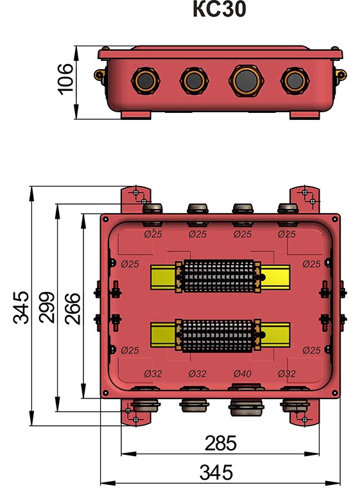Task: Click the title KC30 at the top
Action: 219,9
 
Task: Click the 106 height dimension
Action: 65,79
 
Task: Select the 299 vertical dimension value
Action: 47,307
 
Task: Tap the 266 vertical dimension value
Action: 73,309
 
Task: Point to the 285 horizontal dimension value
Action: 221,443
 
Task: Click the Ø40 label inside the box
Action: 243,373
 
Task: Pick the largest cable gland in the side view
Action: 246,81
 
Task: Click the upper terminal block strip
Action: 218,276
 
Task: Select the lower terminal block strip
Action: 218,335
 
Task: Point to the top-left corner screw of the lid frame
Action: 105,219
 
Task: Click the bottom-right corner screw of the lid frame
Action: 335,393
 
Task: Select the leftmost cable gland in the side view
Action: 146,81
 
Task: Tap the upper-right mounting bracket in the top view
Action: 305,199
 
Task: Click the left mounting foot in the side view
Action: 136,115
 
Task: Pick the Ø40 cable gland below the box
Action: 246,403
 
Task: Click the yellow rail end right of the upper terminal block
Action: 275,277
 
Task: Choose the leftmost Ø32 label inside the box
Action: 153,373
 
